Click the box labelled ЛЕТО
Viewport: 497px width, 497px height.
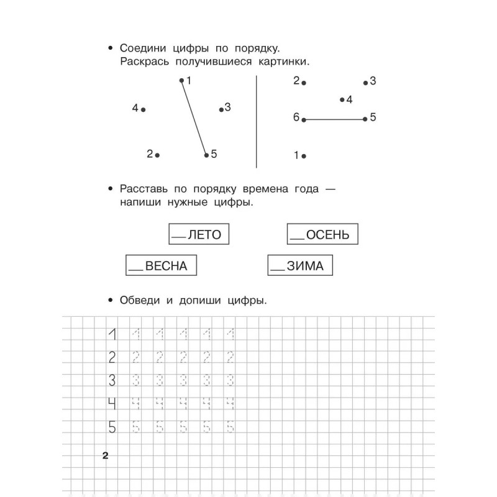(x=199, y=235)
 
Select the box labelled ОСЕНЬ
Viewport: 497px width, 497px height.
(x=323, y=235)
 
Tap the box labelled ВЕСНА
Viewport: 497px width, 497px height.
(x=161, y=266)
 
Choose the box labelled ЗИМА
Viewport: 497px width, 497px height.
(x=300, y=266)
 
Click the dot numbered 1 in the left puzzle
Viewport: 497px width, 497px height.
(x=181, y=80)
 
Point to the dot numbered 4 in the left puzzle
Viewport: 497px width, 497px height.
(x=144, y=109)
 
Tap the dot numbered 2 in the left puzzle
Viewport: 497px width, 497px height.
(x=157, y=155)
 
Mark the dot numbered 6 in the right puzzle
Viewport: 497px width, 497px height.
(x=304, y=119)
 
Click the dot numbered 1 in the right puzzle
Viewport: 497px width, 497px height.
(x=304, y=156)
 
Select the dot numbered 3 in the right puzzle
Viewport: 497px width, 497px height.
(x=366, y=82)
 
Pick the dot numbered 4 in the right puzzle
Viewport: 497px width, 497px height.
(x=342, y=99)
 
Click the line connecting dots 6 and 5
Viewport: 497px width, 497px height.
(x=334, y=119)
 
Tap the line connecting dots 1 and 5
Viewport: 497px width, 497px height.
(x=194, y=118)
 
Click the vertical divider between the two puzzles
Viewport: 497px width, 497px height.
(x=257, y=121)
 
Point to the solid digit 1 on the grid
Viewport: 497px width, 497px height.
(x=113, y=335)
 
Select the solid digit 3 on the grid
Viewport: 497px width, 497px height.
(x=113, y=380)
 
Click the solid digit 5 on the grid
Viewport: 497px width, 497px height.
(x=113, y=427)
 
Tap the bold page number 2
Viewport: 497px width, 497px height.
(x=105, y=457)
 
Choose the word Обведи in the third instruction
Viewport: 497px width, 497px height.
(x=140, y=301)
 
